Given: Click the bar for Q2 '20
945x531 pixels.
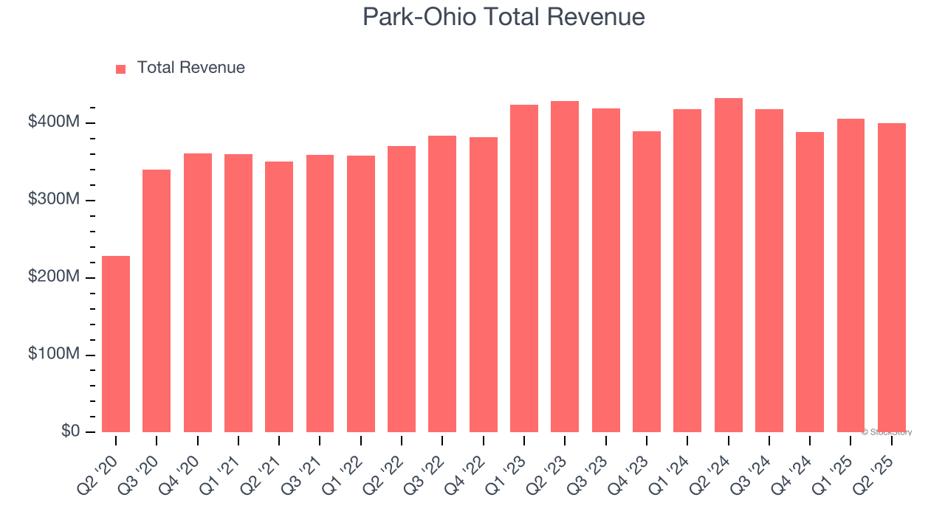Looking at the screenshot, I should pos(116,344).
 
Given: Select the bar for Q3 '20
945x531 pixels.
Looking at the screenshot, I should pos(157,301).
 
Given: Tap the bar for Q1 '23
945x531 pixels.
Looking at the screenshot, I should pos(524,268).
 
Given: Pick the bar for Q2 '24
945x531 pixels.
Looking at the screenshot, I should pos(729,265).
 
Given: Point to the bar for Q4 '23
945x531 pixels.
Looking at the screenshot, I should pos(647,282).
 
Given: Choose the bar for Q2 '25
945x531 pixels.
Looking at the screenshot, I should pos(892,277).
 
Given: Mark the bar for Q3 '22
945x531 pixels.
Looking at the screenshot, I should pos(442,284).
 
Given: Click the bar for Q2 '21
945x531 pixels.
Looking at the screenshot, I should pos(279,296).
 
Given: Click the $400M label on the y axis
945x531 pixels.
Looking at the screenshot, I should pos(53,122).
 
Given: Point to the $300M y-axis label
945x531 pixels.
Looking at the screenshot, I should pos(53,200).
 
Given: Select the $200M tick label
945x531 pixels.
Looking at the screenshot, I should pos(53,277).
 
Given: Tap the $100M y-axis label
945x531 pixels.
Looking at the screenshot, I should pos(53,354).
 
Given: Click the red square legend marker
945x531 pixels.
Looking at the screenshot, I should pos(121,69).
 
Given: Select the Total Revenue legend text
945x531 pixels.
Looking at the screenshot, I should pos(190,68).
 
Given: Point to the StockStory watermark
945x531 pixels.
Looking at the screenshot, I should pos(887,432).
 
